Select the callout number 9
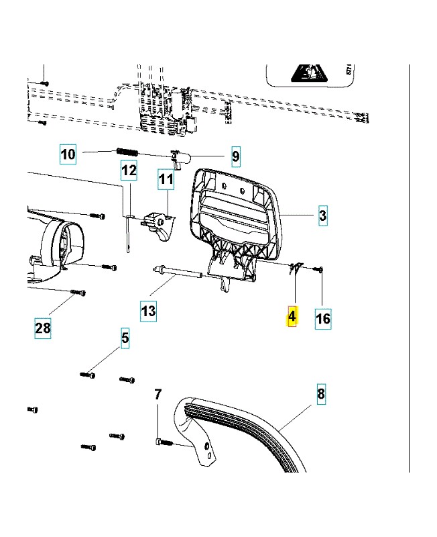[x=235, y=157]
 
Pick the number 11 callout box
[x=166, y=179]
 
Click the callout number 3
[x=322, y=215]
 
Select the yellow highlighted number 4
[x=292, y=317]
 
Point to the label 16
[x=322, y=318]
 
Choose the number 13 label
[x=148, y=311]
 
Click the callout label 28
[x=43, y=328]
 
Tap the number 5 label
[x=125, y=338]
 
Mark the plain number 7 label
[x=158, y=395]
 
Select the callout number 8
[x=320, y=393]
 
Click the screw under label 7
[x=164, y=442]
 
